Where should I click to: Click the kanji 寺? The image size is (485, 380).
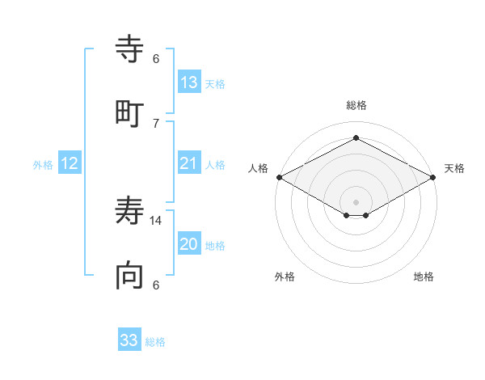click(x=129, y=49)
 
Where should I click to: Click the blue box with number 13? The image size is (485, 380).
click(x=188, y=82)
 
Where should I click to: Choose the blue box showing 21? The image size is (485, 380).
click(x=188, y=163)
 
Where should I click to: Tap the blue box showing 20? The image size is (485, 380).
click(x=188, y=244)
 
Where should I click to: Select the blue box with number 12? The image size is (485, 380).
click(x=70, y=163)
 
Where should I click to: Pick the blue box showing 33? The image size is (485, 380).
click(x=129, y=340)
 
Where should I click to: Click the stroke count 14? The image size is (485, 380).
click(x=156, y=220)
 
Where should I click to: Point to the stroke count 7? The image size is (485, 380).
click(x=156, y=123)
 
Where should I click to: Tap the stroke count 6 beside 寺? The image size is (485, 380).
click(x=156, y=59)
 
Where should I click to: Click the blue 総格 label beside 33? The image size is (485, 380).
click(x=155, y=342)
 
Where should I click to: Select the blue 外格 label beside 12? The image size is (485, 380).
click(x=43, y=165)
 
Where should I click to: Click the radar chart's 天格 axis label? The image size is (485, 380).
click(x=454, y=168)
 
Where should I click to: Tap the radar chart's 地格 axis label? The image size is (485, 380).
click(x=424, y=277)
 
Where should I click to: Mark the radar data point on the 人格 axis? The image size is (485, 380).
click(x=279, y=177)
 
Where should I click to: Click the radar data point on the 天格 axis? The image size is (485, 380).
click(x=433, y=177)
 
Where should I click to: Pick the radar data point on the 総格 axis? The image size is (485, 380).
click(x=356, y=138)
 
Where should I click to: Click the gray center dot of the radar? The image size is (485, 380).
click(x=356, y=201)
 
